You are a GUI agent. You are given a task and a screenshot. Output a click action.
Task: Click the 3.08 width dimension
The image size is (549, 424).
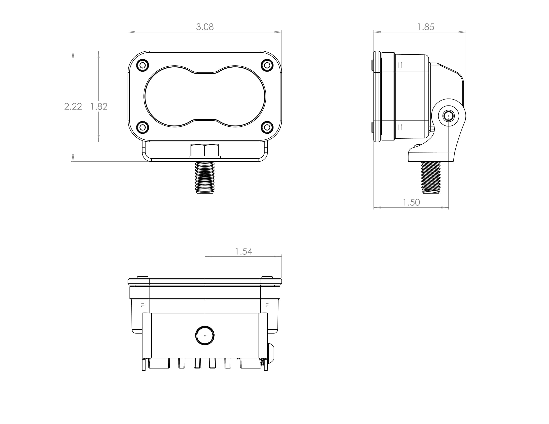click(x=205, y=27)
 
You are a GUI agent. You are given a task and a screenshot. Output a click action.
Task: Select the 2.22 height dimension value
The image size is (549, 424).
click(x=73, y=106)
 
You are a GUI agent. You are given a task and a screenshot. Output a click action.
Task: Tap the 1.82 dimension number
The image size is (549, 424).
click(x=99, y=106)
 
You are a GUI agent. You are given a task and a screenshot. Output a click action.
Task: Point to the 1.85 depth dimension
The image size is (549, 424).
click(x=425, y=27)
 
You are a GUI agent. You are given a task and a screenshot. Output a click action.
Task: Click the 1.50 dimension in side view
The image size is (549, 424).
click(x=411, y=202)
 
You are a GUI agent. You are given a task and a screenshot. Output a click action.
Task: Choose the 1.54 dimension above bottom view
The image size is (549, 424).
click(x=243, y=251)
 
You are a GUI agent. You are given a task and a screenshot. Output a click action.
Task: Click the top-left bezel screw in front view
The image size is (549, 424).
click(x=142, y=66)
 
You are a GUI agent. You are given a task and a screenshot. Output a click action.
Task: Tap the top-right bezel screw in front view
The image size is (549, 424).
click(x=267, y=66)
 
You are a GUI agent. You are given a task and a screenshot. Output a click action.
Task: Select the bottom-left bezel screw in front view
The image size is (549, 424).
click(x=142, y=127)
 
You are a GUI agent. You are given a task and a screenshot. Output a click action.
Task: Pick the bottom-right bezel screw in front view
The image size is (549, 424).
click(x=267, y=127)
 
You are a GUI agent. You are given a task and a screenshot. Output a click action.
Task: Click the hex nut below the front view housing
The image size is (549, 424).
click(x=205, y=150)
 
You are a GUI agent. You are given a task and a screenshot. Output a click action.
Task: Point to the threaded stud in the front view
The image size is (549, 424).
click(x=205, y=177)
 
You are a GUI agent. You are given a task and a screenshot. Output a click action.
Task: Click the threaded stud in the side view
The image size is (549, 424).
click(x=431, y=177)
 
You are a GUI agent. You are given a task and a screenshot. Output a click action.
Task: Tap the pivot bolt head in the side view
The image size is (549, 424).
click(x=448, y=116)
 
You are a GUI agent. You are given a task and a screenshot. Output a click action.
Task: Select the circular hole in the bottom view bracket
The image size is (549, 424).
click(x=205, y=335)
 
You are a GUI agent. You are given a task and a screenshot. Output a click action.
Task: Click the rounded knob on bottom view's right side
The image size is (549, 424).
click(x=271, y=353)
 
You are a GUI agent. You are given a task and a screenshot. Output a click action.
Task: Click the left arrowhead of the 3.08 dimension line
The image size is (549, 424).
click(x=132, y=32)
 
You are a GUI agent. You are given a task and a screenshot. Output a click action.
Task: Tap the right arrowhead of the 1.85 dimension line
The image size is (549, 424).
click(x=462, y=32)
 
